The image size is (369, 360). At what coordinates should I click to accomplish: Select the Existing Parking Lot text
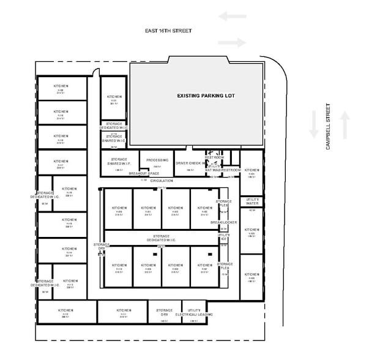(206, 96)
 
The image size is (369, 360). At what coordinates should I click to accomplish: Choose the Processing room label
(157, 160)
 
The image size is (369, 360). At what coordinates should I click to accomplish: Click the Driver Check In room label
(192, 163)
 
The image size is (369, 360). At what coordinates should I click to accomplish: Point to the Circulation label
(162, 181)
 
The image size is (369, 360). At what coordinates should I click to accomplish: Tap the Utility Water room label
(253, 201)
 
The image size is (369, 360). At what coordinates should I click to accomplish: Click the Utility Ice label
(224, 236)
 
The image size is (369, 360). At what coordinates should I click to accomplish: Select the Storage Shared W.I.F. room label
(115, 162)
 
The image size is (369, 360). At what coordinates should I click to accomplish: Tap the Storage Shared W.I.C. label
(114, 138)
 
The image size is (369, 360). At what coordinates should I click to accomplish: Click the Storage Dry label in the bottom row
(163, 312)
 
